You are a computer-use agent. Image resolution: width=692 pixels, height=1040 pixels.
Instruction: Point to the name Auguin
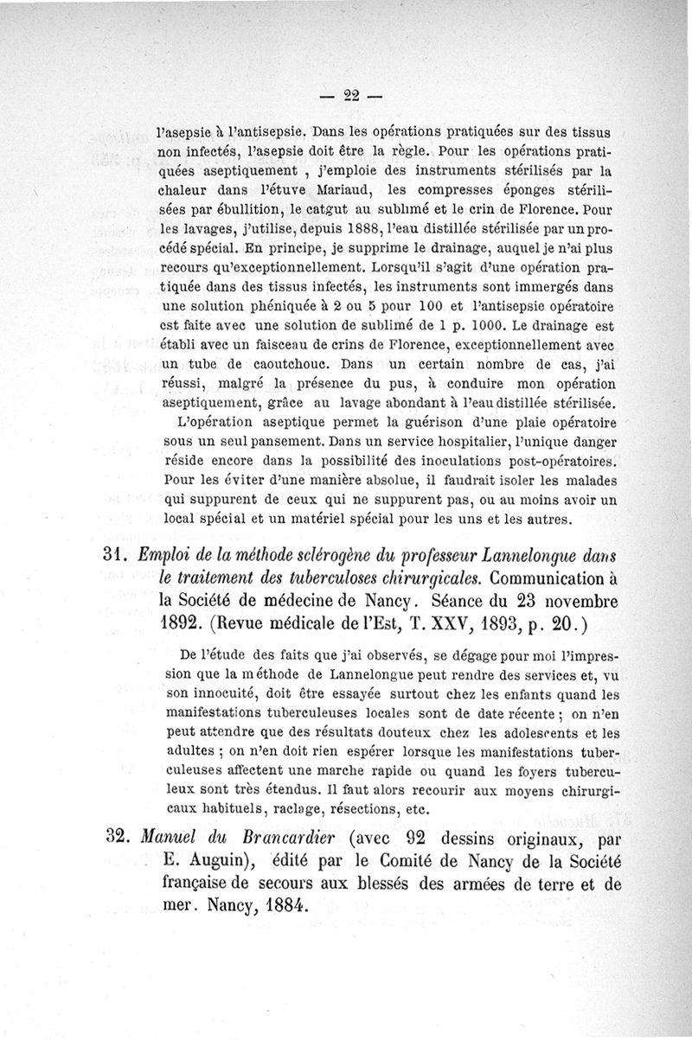click(205, 862)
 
